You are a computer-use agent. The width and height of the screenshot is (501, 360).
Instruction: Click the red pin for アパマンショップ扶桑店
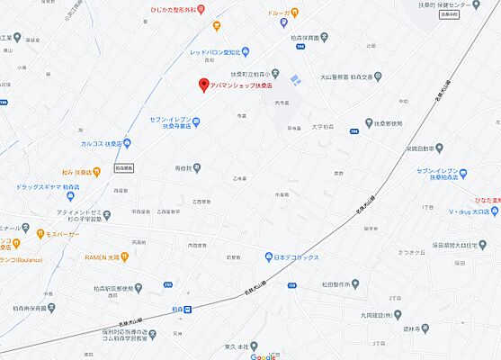[x=203, y=85]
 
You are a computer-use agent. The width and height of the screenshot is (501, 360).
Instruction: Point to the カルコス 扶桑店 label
[x=101, y=143]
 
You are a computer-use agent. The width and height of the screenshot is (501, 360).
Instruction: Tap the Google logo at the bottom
[x=263, y=355]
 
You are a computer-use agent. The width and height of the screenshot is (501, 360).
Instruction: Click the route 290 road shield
[x=167, y=285]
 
